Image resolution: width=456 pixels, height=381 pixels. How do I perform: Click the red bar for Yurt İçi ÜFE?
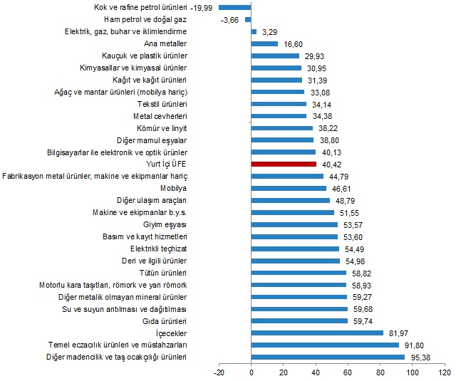click(x=284, y=164)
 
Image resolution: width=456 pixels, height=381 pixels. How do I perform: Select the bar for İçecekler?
click(x=317, y=333)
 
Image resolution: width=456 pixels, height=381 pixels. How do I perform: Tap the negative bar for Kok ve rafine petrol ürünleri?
click(x=235, y=7)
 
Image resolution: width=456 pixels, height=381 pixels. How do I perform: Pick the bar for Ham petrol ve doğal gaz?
click(x=248, y=19)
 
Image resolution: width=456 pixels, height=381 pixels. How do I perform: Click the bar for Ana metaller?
click(x=264, y=43)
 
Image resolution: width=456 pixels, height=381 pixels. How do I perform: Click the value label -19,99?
click(x=204, y=7)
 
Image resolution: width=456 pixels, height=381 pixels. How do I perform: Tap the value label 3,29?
click(x=269, y=31)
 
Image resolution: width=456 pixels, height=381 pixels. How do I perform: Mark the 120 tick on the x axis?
click(x=445, y=372)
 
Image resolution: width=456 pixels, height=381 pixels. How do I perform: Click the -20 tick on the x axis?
click(x=219, y=372)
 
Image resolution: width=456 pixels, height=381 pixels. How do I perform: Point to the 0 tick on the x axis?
click(x=252, y=372)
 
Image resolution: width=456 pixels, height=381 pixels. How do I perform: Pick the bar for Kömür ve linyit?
click(x=282, y=127)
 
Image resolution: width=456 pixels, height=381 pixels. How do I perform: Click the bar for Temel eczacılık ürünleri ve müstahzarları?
click(x=325, y=345)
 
